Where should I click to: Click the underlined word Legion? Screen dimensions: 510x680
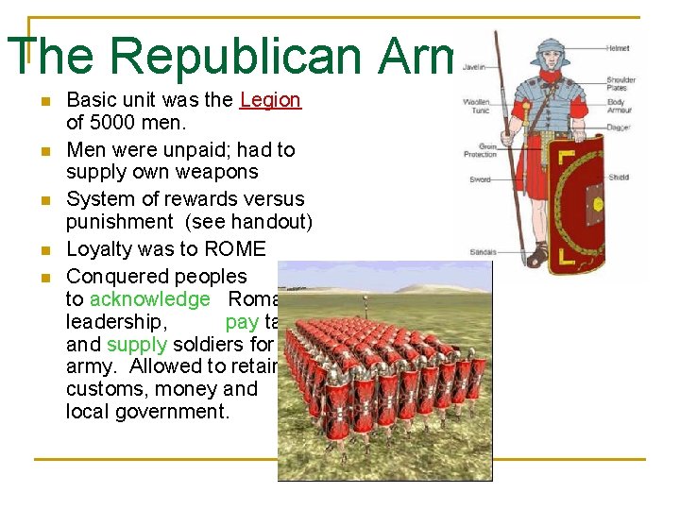[270, 100]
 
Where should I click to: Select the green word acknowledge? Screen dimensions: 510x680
[150, 299]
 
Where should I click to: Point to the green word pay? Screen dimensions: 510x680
[242, 322]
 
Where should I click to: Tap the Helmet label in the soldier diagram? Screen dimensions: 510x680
[619, 48]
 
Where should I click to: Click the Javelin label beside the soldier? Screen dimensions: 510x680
[475, 67]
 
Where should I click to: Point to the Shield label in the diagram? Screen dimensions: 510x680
[619, 177]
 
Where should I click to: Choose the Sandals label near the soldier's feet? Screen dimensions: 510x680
[483, 252]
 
